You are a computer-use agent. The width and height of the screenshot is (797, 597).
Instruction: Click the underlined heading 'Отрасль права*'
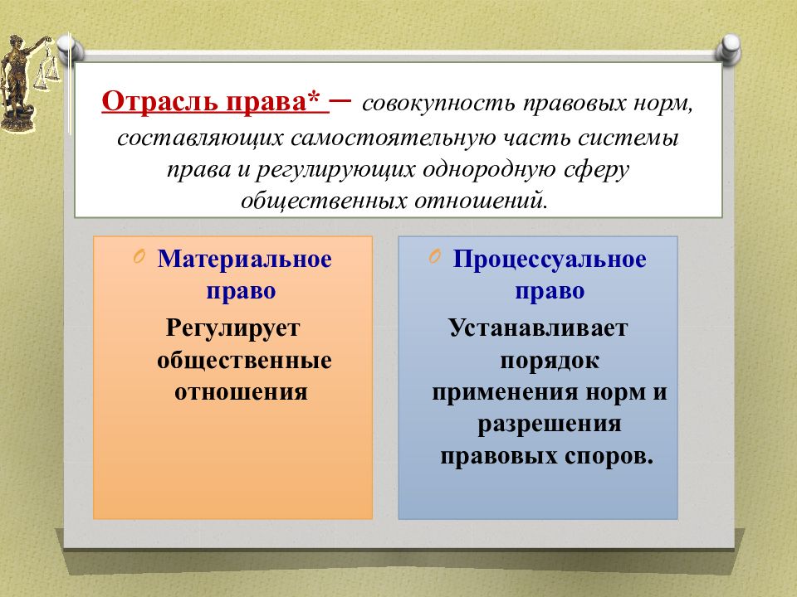(x=215, y=104)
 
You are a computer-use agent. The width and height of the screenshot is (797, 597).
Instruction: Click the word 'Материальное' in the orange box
(x=245, y=260)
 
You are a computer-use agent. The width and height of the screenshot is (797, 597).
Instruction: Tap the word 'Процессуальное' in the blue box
(x=550, y=260)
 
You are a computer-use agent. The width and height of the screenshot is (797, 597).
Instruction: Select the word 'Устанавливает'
(x=539, y=328)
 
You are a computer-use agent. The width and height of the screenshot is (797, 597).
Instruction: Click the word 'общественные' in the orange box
(x=244, y=360)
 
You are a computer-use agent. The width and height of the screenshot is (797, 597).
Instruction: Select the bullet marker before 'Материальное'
(x=139, y=258)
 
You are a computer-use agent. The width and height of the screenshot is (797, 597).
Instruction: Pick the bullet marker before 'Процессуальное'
(x=435, y=258)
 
